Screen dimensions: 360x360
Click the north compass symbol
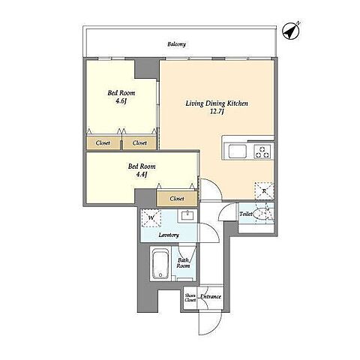tap(291, 31)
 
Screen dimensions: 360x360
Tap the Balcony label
tap(176, 44)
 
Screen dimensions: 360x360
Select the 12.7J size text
tap(217, 112)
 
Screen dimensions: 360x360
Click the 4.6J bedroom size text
tap(121, 101)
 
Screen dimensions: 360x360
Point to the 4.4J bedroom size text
tap(142, 174)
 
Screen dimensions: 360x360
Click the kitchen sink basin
tap(237, 151)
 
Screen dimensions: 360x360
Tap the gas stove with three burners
tap(262, 151)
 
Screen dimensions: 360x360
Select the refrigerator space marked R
tap(264, 191)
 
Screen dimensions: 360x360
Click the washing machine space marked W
tap(151, 218)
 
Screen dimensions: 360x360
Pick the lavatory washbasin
tap(187, 215)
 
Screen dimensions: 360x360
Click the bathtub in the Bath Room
tap(160, 264)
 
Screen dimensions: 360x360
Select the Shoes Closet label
tap(190, 298)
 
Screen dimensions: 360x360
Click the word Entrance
tap(211, 296)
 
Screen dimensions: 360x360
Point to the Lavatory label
tap(169, 235)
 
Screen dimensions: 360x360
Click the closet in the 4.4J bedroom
tap(177, 199)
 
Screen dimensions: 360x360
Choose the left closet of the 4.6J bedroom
tap(103, 143)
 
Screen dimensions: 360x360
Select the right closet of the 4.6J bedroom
tap(139, 143)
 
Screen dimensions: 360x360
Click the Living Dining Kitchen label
tap(217, 103)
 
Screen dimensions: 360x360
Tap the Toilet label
tap(246, 214)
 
